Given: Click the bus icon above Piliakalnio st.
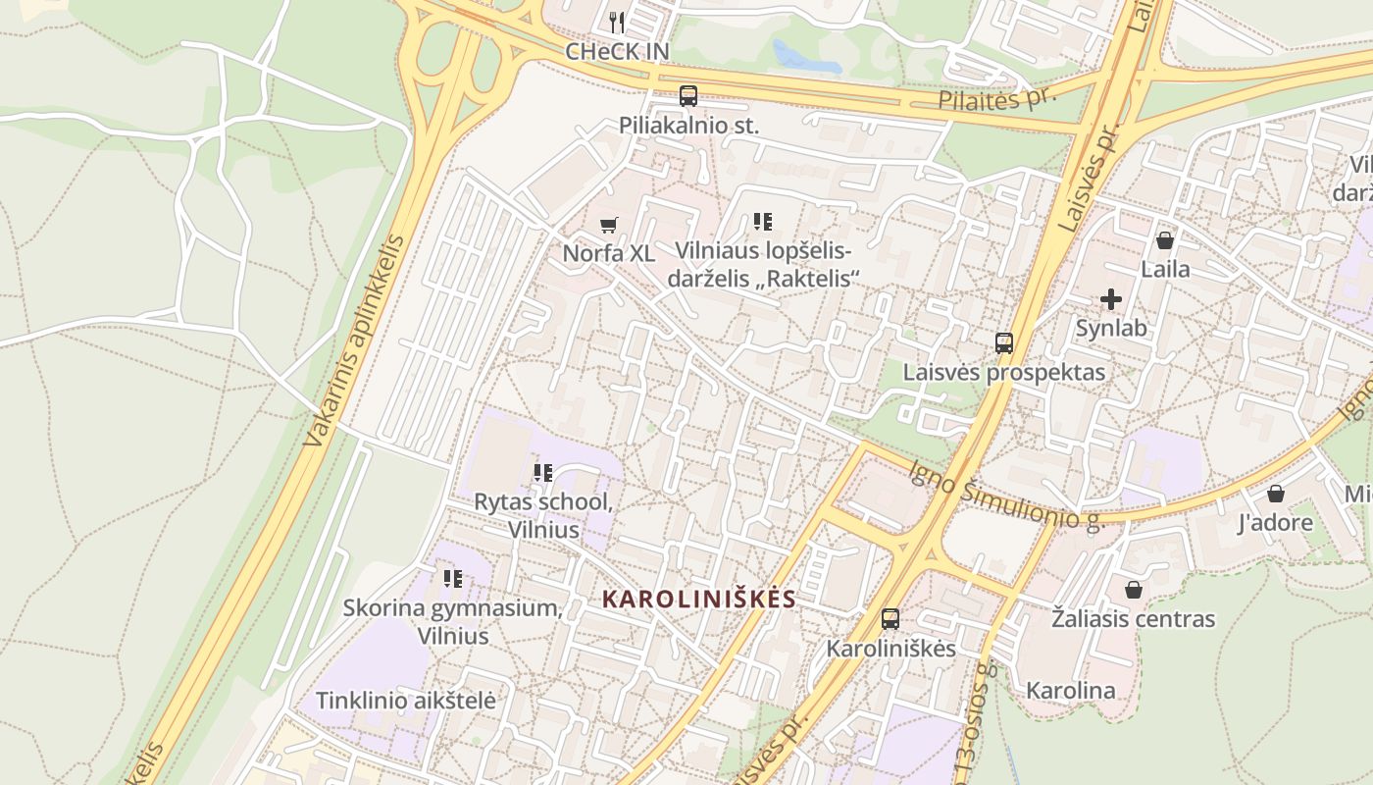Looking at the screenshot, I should tap(688, 96).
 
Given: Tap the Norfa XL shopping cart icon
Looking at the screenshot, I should tap(609, 225).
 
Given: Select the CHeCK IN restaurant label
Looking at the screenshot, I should tap(616, 50).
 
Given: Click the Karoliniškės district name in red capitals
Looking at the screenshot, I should tap(698, 599).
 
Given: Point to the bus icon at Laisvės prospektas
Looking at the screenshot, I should tap(1003, 343).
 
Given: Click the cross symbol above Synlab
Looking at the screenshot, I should tap(1111, 298).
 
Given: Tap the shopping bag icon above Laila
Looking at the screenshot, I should tap(1165, 240).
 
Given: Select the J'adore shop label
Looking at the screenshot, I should tap(1275, 522).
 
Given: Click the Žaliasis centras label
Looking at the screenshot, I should tap(1133, 619).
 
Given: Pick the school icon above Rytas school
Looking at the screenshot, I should tap(543, 473).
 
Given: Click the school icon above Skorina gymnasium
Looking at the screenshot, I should tap(452, 579).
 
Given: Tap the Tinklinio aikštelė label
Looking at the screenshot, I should tap(405, 701).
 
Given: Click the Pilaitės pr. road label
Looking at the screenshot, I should tap(995, 100).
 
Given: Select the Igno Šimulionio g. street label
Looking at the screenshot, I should tap(1006, 495).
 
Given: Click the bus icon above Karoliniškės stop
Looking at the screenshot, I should tap(890, 619).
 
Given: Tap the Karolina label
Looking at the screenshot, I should tap(1070, 690).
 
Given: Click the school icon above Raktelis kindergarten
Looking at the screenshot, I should tap(763, 222).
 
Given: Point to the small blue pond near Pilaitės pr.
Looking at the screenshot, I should tap(806, 57).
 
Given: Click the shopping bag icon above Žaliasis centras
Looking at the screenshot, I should tap(1133, 590).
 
